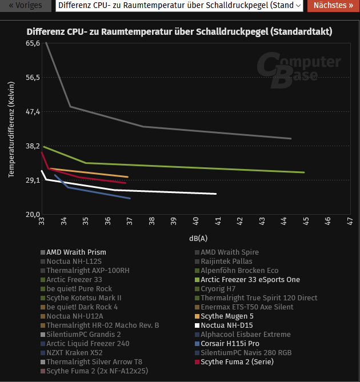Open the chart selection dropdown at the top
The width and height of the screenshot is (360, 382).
[179, 6]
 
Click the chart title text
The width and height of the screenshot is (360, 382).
[179, 31]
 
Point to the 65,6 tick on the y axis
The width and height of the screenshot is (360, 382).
[33, 43]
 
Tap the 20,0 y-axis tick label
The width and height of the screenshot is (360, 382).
[33, 214]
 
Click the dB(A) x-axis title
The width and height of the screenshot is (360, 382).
[198, 238]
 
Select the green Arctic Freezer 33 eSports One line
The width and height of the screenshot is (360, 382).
[194, 167]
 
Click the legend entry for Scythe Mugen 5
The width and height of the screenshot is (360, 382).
[227, 316]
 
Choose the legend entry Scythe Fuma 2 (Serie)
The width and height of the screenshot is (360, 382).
[237, 361]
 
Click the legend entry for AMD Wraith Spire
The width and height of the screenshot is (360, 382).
[229, 252]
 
